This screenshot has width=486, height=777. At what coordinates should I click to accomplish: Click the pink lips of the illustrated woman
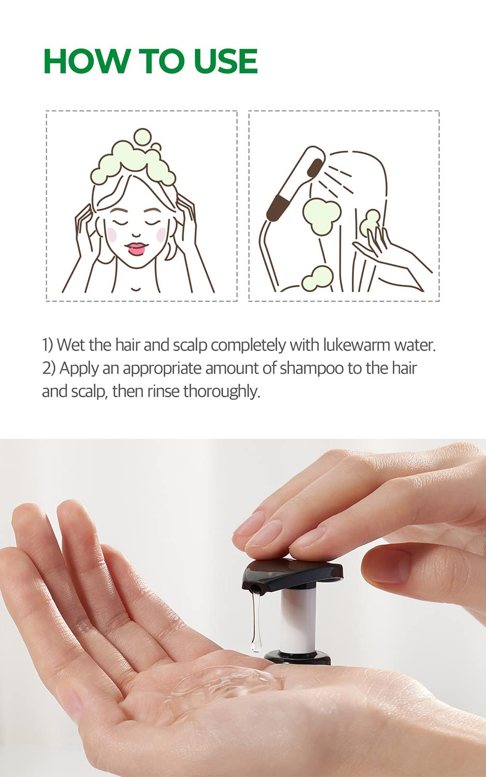point(136,249)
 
